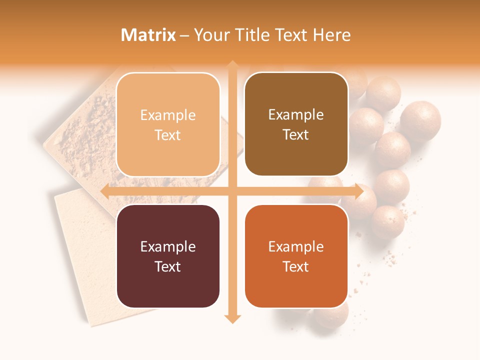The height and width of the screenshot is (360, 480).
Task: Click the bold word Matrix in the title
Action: pos(148,35)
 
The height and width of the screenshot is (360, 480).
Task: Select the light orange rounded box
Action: pos(168,124)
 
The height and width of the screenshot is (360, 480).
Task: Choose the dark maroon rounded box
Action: pos(168,256)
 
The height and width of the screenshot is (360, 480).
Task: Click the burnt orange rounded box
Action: pos(296,256)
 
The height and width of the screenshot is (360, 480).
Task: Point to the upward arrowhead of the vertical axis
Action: pos(232,65)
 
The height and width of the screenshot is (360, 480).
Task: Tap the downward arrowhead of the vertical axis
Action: pos(232,318)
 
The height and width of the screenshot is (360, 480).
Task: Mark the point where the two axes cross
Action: pos(232,191)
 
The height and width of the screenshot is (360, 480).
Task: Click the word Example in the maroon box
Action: pos(168,246)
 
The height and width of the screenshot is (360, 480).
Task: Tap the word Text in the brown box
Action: pos(296,134)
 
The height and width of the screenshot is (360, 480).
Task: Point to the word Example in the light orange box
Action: pos(168,115)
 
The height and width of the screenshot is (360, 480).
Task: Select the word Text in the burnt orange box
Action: pos(296,266)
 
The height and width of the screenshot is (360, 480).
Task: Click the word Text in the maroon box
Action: pos(168,266)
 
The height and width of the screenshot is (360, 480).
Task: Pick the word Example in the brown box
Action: pos(296,115)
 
